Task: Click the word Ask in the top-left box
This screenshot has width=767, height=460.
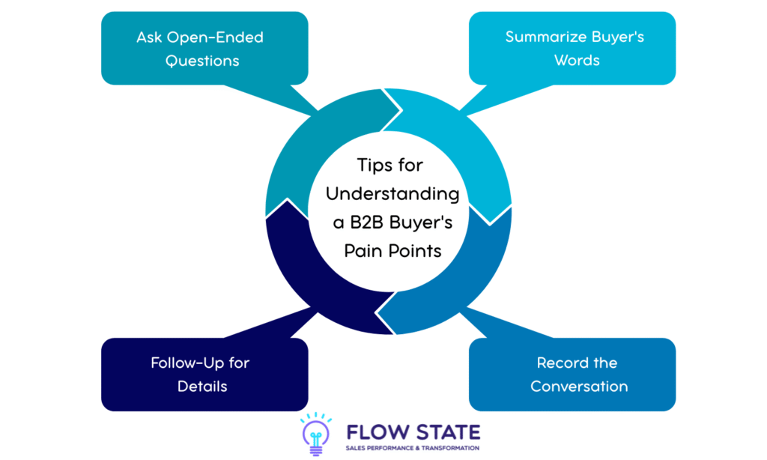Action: [x=150, y=37]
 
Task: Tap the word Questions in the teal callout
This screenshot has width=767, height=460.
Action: [x=202, y=61]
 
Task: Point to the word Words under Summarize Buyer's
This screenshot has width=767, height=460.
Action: [x=577, y=61]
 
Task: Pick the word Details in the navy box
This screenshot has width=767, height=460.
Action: [x=202, y=387]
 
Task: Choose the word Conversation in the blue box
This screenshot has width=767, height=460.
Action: [x=579, y=387]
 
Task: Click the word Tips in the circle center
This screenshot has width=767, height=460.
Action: [x=375, y=166]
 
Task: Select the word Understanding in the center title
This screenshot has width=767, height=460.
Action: [x=393, y=194]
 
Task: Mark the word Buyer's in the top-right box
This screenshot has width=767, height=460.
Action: [x=617, y=37]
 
